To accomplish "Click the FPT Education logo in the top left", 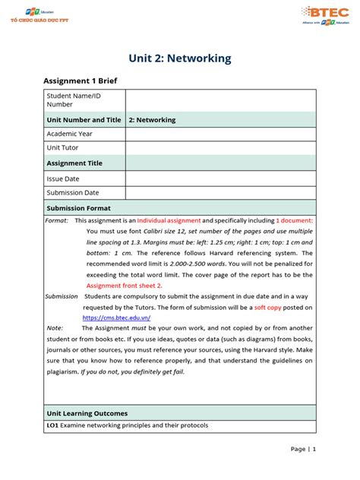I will coord(37,13).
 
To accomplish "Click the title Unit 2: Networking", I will coord(179,58).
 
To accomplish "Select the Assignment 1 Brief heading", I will coord(80,81).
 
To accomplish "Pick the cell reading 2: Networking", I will coord(153,120).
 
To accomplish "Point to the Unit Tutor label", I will coord(63,148).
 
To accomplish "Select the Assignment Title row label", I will coord(74,163).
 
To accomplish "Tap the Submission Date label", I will coord(73,193).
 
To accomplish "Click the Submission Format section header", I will coord(79,207).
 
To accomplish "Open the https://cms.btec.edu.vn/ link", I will coord(116,317).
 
